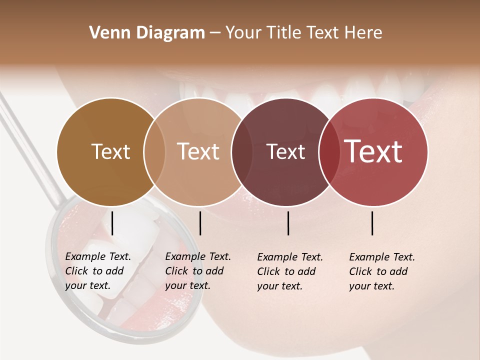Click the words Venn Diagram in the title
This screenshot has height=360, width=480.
point(147,33)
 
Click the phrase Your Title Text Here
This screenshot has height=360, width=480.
point(303,33)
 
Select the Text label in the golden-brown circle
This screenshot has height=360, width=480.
point(110,152)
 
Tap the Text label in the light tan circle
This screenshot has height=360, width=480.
point(198,152)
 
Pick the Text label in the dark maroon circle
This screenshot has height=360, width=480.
point(285,152)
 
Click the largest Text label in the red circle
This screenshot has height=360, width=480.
point(373,152)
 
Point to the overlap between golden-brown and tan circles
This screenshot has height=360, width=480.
point(154,152)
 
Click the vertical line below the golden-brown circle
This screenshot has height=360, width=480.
point(112,223)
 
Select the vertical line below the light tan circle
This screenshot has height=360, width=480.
point(200,223)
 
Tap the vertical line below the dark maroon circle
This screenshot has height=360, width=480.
point(288,223)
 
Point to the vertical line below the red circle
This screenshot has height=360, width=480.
point(372,223)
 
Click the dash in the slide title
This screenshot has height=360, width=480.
point(214,33)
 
